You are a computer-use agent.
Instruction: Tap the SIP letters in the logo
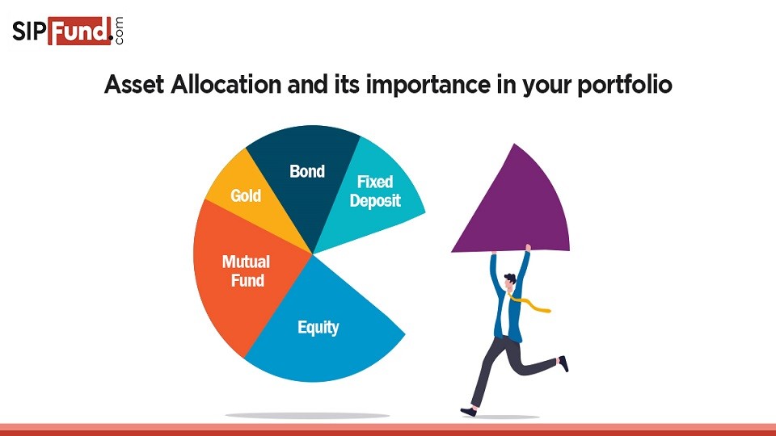pos(29,32)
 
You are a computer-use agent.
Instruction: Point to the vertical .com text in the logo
pos(120,32)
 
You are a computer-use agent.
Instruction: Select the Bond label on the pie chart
pos(307,171)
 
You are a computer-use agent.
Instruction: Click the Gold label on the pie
pos(246,195)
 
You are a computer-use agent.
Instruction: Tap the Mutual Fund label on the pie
pos(246,271)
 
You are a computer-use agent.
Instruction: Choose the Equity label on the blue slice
pos(318,327)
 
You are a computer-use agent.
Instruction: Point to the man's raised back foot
pos(563,364)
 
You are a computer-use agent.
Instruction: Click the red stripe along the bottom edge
pos(388,430)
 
